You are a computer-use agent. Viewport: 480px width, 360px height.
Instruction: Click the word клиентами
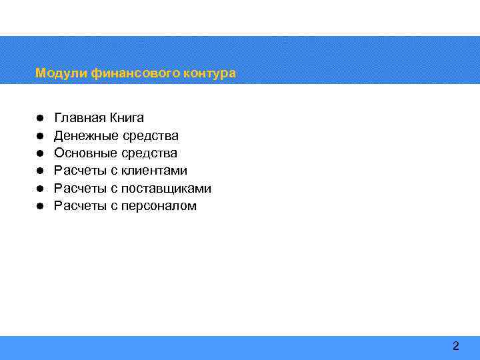154,171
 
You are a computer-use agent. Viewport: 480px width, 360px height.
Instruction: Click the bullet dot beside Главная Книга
40,119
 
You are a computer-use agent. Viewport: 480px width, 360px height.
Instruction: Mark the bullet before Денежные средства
40,136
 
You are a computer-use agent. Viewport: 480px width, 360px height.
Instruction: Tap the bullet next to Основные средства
40,153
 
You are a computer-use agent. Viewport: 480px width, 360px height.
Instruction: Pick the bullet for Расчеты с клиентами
40,171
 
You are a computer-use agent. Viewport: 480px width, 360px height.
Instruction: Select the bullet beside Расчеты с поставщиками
40,189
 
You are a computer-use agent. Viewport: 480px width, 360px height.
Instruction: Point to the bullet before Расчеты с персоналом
40,206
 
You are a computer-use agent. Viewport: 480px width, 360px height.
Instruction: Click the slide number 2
456,346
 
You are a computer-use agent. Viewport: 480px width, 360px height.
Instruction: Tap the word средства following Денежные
151,136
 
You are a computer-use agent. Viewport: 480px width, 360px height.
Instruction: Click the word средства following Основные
149,153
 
